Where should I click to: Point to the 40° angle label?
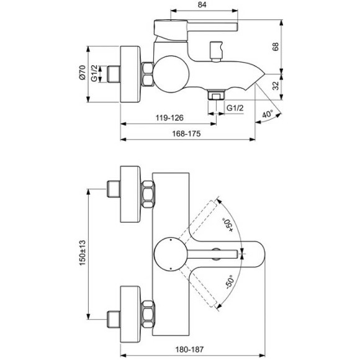point(266,115)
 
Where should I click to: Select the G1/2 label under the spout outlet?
point(234,108)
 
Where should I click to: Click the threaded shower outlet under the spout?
point(215,96)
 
